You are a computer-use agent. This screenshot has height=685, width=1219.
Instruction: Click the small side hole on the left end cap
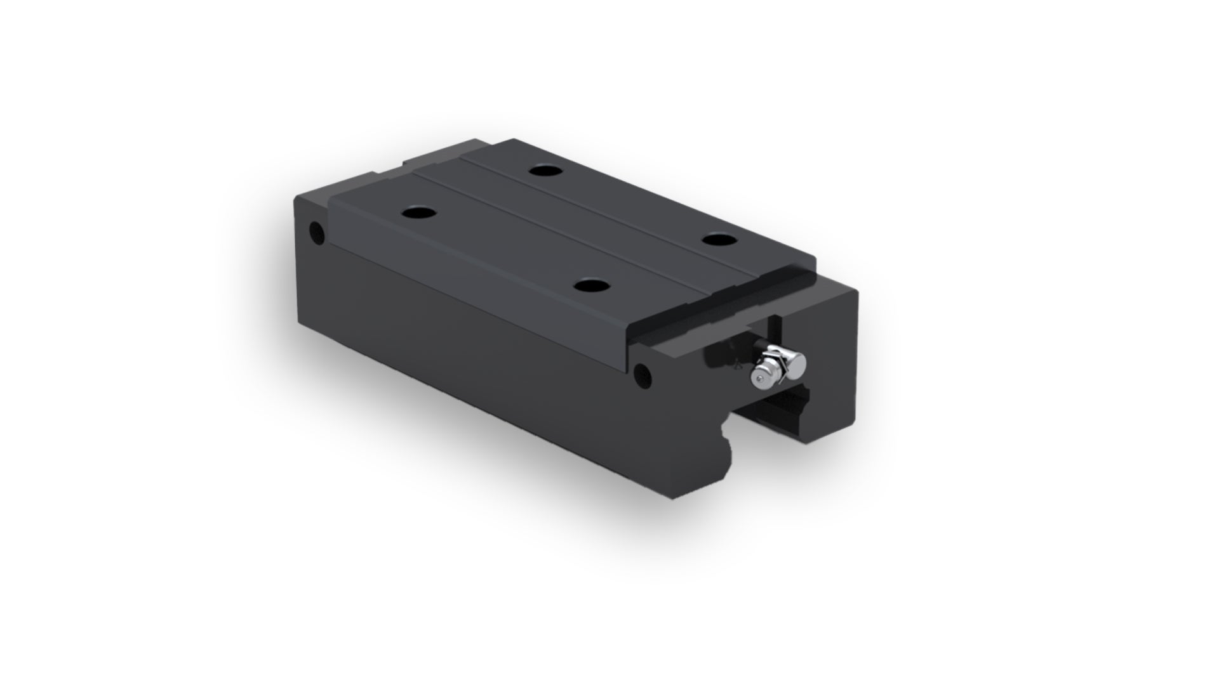315,229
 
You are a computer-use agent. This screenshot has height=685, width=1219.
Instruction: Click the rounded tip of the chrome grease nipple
760,380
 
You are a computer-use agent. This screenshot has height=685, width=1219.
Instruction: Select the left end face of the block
311,279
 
